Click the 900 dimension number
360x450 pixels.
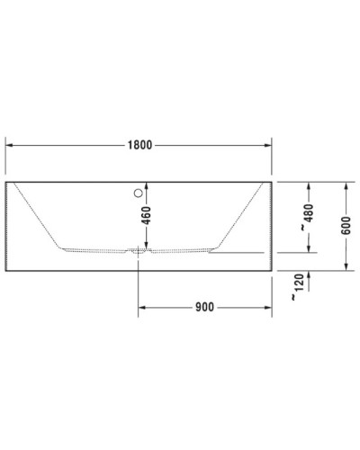click(204, 307)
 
